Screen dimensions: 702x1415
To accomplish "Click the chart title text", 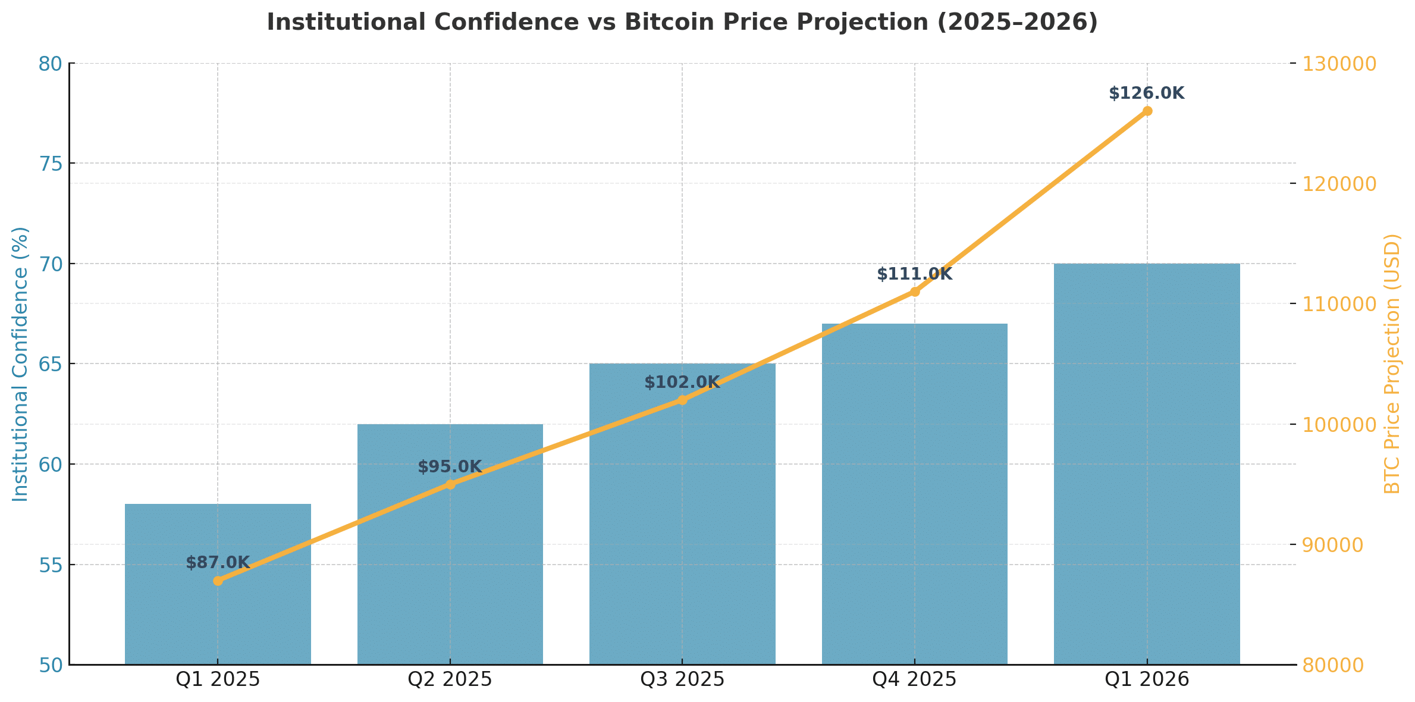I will tap(682, 23).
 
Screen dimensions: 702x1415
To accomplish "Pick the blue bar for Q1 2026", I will tap(1147, 464).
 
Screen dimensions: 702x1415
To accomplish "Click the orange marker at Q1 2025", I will tap(218, 581).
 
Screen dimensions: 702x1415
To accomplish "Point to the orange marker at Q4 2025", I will tap(915, 292).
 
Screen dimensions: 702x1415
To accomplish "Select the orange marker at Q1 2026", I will tap(1147, 111).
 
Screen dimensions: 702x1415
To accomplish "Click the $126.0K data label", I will tap(1147, 93).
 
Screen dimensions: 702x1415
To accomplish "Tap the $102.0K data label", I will tap(682, 383).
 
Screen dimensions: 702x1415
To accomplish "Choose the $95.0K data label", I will tap(450, 467).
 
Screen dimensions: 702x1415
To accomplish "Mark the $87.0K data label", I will tap(218, 563).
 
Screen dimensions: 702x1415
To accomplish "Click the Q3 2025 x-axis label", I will tap(682, 679).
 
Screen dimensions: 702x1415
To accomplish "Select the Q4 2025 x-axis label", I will tap(914, 679).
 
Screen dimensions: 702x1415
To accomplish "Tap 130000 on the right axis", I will tap(1339, 64).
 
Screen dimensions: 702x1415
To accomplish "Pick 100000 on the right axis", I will tap(1339, 425).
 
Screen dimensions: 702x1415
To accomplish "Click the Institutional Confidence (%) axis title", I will tap(21, 364).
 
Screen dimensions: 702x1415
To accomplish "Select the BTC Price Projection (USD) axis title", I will tap(1393, 364).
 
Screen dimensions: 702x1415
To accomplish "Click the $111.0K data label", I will tap(914, 274).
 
